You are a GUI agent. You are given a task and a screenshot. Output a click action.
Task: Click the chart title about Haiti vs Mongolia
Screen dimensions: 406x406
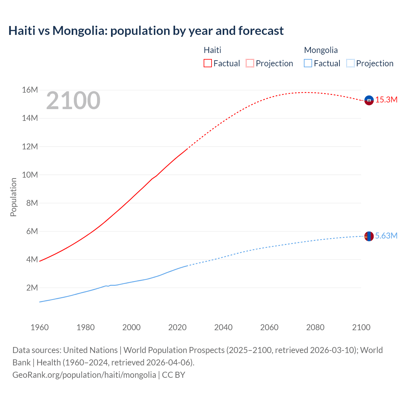click(x=146, y=31)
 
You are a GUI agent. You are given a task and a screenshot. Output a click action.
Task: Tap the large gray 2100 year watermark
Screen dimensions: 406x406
click(x=73, y=101)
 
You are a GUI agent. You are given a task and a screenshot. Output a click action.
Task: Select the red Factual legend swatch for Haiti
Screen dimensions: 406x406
click(x=208, y=63)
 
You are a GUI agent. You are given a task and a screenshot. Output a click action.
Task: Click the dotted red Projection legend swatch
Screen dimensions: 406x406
click(x=250, y=63)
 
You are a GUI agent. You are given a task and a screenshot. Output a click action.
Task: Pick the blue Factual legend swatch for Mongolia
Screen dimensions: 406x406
click(x=308, y=63)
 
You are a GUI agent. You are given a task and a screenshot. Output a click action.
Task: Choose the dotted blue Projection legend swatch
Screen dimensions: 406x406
click(x=350, y=63)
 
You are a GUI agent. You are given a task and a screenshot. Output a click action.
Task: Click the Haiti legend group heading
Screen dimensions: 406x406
click(x=212, y=50)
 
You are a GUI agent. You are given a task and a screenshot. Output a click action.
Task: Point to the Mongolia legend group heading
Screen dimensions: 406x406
click(x=321, y=50)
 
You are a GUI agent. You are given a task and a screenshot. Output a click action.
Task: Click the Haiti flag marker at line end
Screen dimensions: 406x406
click(x=369, y=100)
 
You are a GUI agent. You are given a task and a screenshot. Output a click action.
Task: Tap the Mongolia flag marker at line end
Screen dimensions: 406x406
click(x=369, y=236)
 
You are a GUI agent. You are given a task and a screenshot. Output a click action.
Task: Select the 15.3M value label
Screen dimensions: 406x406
click(x=386, y=100)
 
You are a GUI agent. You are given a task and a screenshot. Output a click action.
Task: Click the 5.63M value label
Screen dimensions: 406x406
click(x=386, y=236)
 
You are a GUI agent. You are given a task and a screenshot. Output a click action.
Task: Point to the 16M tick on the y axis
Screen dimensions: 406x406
click(x=30, y=90)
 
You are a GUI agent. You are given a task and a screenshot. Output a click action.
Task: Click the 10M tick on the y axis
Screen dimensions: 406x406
click(x=30, y=175)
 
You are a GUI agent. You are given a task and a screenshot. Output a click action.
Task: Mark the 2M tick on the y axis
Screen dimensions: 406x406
click(x=32, y=288)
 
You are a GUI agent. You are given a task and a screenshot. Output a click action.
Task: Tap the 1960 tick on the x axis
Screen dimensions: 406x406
click(x=40, y=327)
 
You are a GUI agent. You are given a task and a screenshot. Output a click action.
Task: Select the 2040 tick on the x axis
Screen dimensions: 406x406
click(x=223, y=327)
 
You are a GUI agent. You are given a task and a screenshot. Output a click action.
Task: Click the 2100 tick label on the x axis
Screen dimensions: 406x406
click(x=361, y=327)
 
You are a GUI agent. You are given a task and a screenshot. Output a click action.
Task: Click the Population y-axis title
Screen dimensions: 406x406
click(x=13, y=197)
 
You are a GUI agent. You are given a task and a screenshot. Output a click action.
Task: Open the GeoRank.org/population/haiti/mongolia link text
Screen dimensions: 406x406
click(x=84, y=375)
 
